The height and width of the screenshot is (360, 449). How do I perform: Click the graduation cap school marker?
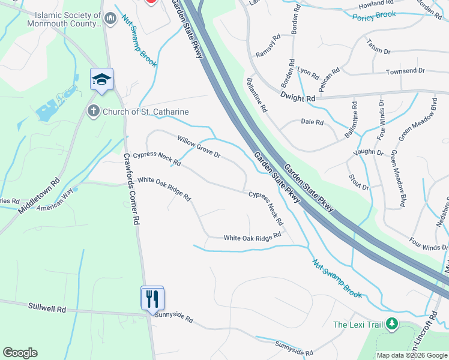point(101,80)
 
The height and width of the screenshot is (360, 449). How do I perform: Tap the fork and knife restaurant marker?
point(152,298)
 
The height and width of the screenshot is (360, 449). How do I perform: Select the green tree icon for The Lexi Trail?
point(392,325)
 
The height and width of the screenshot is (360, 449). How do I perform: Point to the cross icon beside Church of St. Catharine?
point(93,111)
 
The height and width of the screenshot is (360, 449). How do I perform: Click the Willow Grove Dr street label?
point(199,147)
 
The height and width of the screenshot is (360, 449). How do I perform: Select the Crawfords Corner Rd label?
point(131,188)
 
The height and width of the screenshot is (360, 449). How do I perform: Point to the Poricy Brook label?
point(374,14)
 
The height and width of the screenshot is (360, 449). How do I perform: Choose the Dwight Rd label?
point(297,98)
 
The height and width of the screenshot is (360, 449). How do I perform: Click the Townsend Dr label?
point(405,71)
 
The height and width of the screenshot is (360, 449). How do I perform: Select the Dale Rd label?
point(312,122)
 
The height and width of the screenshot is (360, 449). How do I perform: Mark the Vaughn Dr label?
point(369,152)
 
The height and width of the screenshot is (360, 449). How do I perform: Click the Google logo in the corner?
point(20,353)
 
